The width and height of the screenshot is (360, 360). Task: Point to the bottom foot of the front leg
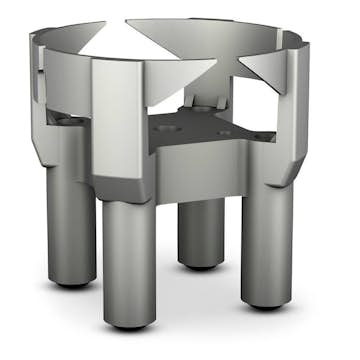[130, 322]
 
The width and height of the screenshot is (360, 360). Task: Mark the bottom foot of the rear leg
[203, 264]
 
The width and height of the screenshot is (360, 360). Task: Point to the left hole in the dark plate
[170, 129]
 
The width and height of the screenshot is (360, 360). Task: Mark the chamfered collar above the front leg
[125, 185]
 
